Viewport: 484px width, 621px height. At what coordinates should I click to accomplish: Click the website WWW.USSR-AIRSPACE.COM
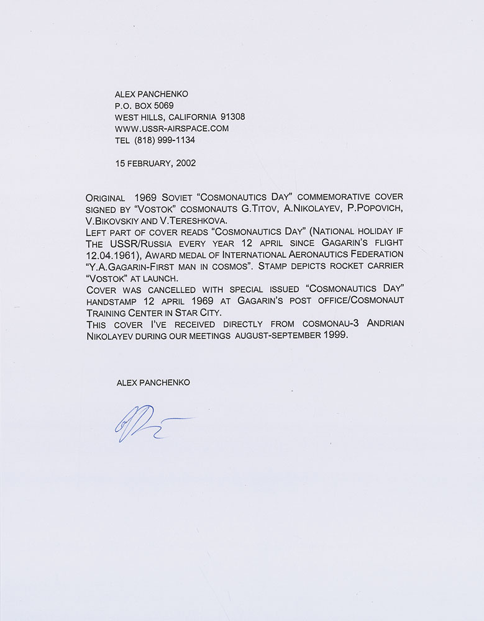click(x=172, y=129)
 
